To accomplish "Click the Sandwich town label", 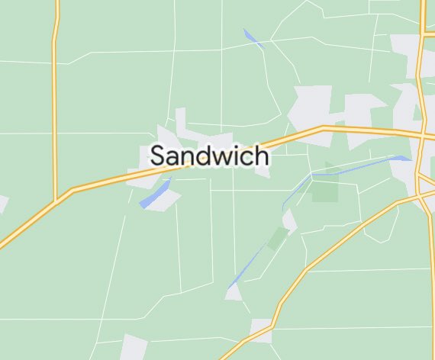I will click(209, 156).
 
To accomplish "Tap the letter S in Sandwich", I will click(159, 156).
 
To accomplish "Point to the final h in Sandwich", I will click(261, 156).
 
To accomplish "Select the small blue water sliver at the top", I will click(252, 38).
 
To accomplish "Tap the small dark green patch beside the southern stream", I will click(277, 239).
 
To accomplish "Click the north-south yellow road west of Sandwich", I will click(54, 99).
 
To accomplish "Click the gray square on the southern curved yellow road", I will click(262, 330).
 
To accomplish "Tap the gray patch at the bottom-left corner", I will click(134, 348).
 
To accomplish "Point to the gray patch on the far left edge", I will click(2, 204).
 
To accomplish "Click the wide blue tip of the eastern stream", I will click(401, 159).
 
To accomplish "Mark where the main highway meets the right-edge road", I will click(422, 137).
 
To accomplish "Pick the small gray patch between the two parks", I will click(289, 221).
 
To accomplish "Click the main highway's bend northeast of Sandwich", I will click(324, 128).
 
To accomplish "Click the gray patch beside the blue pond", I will click(169, 200).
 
